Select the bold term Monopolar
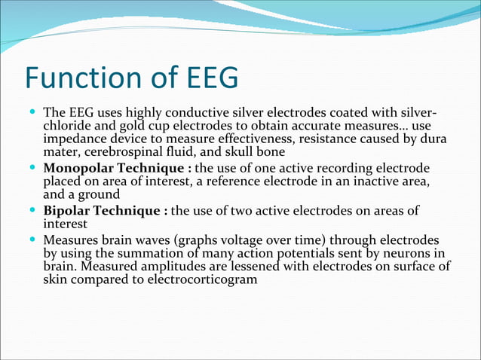tap(79, 167)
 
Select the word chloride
tap(66, 126)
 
